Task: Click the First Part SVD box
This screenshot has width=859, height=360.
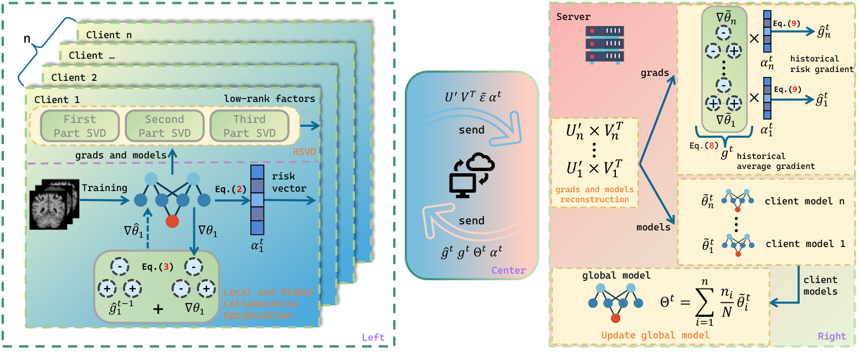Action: (x=79, y=126)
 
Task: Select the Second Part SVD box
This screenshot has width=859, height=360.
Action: (x=164, y=126)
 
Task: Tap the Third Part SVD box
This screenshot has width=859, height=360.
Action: (x=250, y=126)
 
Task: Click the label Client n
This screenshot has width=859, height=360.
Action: (x=111, y=35)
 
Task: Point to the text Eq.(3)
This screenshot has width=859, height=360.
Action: (x=158, y=266)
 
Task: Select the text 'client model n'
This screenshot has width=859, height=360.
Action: (x=805, y=202)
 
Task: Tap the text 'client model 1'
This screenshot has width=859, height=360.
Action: (x=805, y=244)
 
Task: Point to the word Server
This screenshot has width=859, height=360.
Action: (x=573, y=17)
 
